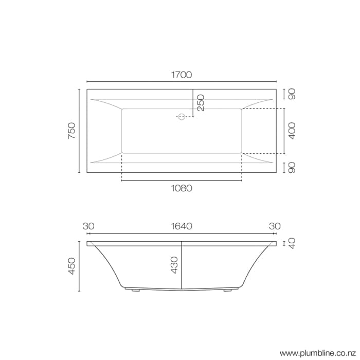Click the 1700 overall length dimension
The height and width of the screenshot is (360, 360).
(x=181, y=75)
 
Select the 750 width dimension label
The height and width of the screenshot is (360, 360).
(x=71, y=132)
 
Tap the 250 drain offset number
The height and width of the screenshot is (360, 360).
(x=200, y=103)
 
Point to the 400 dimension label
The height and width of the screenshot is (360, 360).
(x=292, y=131)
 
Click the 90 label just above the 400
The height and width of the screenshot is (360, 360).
(x=292, y=95)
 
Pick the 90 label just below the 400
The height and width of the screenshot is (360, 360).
(x=292, y=168)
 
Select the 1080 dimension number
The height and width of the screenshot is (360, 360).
(x=181, y=188)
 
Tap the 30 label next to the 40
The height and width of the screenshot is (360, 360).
(x=275, y=226)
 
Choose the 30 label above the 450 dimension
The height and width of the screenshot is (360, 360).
(x=88, y=226)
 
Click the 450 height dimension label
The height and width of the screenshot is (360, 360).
(x=71, y=266)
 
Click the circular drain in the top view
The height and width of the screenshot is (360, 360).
(x=181, y=117)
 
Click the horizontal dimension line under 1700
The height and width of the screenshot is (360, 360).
(x=181, y=81)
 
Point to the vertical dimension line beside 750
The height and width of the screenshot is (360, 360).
(x=79, y=132)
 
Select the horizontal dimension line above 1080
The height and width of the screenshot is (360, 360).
(x=181, y=181)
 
